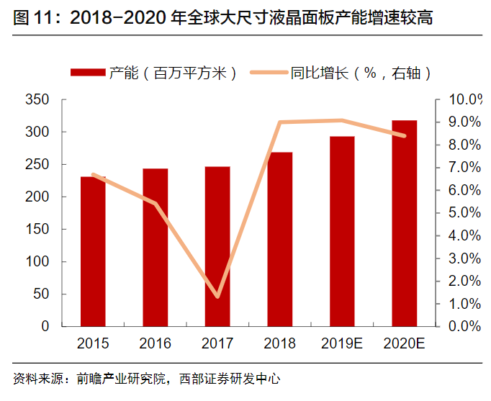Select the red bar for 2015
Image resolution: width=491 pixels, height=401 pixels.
pyautogui.click(x=93, y=251)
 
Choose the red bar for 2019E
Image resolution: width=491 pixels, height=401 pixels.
pyautogui.click(x=342, y=231)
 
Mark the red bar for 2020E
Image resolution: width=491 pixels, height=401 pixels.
pyautogui.click(x=405, y=223)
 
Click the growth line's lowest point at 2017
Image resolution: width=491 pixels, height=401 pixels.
pyautogui.click(x=217, y=297)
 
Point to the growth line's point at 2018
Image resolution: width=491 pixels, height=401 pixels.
pyautogui.click(x=279, y=122)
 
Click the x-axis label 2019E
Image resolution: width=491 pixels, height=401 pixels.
pyautogui.click(x=342, y=343)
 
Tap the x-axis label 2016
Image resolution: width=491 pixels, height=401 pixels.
pyautogui.click(x=155, y=343)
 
